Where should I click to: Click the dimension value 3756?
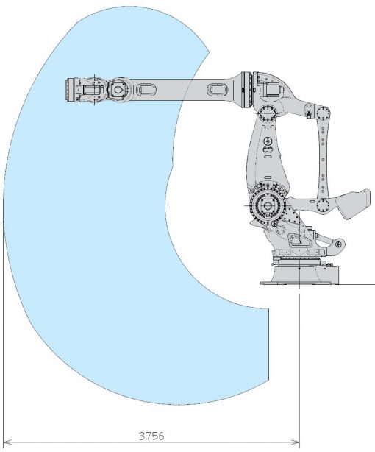151,436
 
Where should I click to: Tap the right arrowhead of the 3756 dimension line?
296,442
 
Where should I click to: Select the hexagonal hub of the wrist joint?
118,89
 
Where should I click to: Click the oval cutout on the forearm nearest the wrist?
146,89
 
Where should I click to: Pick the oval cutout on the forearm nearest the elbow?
218,89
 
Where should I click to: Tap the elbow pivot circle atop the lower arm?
268,113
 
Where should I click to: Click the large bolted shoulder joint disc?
268,206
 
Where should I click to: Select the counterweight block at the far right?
354,203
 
